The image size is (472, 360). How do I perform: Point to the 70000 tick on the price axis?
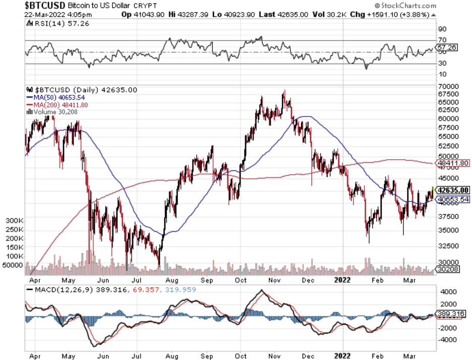pos(447,87)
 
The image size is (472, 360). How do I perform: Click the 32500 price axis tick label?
pos(447,246)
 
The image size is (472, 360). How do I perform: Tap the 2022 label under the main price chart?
pos(343,279)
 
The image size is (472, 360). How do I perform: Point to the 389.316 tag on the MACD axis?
pos(450,313)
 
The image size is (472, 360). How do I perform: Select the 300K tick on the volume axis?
pos(14,221)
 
